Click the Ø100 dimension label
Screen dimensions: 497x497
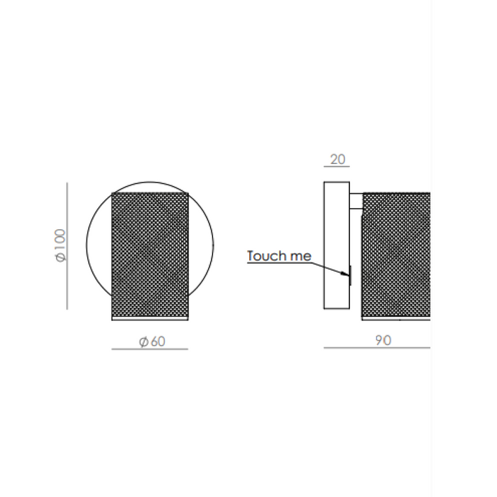(60, 245)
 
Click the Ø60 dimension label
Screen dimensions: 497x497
(152, 342)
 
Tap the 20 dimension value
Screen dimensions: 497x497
(337, 159)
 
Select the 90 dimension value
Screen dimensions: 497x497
(383, 340)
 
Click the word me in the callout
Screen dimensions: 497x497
(301, 256)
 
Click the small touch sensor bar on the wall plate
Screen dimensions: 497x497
(350, 275)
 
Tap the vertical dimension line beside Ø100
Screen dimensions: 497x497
(67, 246)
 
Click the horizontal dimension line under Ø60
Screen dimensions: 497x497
(150, 349)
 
